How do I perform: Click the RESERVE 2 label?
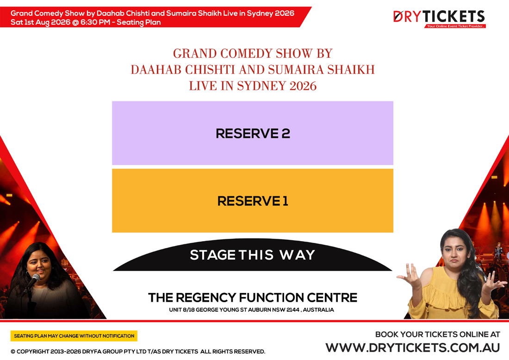(x=253, y=133)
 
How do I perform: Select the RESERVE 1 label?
(x=253, y=201)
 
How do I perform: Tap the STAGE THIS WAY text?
(x=252, y=255)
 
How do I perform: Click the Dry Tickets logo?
(x=439, y=17)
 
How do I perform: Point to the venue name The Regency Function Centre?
(x=252, y=298)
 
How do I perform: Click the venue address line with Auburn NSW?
(x=251, y=310)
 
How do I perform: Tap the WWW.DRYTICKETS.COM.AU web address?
(x=412, y=348)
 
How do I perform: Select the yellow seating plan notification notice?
(x=74, y=336)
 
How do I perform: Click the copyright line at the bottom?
(x=138, y=352)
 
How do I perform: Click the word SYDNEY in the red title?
(x=265, y=86)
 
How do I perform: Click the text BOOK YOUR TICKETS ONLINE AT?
(x=437, y=334)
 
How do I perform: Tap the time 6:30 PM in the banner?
(x=95, y=22)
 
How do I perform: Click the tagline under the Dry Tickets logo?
(x=454, y=26)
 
